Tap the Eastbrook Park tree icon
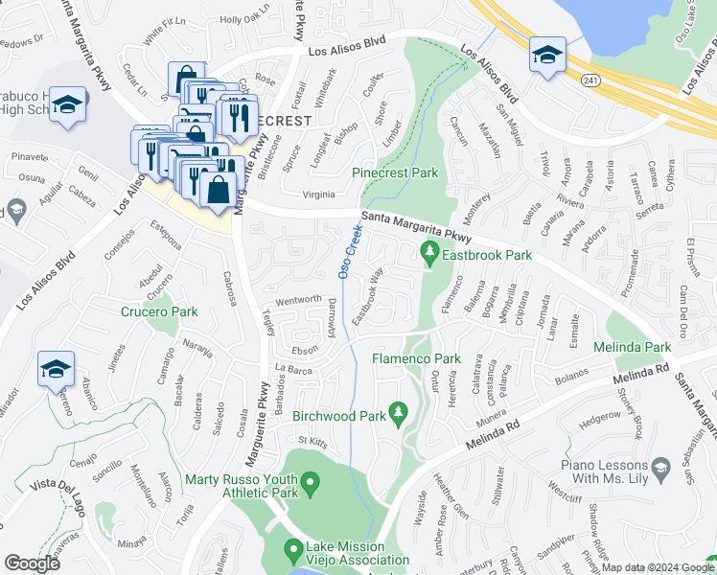pyautogui.click(x=429, y=254)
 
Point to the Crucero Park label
pyautogui.click(x=159, y=311)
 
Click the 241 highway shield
pyautogui.click(x=593, y=81)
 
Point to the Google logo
pyautogui.click(x=32, y=563)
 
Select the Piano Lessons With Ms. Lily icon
pyautogui.click(x=660, y=467)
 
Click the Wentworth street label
pyautogui.click(x=299, y=301)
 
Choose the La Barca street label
pyautogui.click(x=293, y=368)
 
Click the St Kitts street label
pyautogui.click(x=312, y=442)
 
